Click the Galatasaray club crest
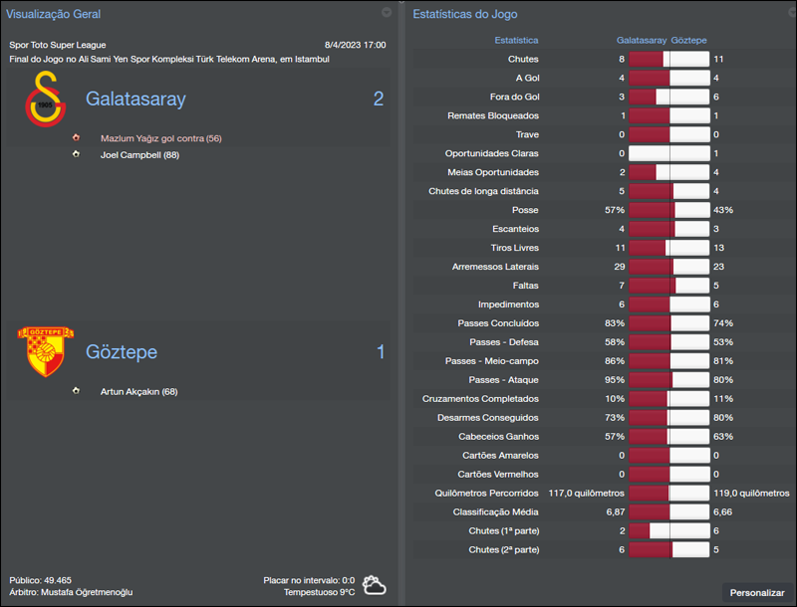point(45,100)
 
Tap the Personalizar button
point(757,592)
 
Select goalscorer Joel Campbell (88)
point(139,155)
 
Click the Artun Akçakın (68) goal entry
point(139,391)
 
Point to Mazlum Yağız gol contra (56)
point(160,138)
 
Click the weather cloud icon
point(375,585)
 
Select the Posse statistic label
point(525,210)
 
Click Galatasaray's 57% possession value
point(614,210)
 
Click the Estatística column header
point(516,41)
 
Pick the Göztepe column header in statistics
point(689,41)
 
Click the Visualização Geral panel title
point(54,14)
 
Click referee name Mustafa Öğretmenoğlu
point(87,592)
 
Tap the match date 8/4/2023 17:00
point(356,45)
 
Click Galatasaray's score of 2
point(379,100)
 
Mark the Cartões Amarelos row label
point(498,455)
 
